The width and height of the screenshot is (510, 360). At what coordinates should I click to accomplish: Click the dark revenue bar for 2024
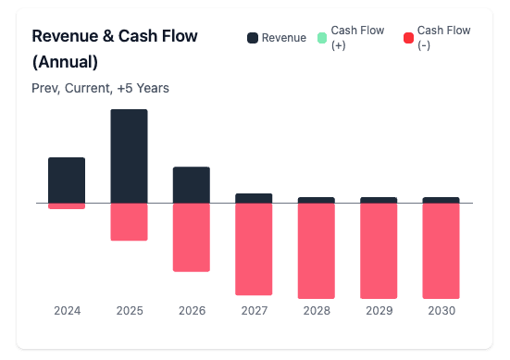click(x=67, y=180)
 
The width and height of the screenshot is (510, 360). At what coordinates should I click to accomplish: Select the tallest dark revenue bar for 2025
click(x=129, y=155)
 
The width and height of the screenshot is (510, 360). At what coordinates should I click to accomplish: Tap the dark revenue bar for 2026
click(x=192, y=184)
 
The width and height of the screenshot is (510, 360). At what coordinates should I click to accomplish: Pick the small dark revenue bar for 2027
click(x=254, y=198)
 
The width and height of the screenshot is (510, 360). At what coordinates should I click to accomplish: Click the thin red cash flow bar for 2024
click(x=67, y=205)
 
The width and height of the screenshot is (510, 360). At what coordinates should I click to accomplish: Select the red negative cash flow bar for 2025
click(x=129, y=222)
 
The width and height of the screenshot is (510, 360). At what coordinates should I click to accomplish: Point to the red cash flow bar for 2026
click(x=192, y=237)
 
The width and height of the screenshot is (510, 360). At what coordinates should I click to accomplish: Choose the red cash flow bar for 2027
click(x=254, y=249)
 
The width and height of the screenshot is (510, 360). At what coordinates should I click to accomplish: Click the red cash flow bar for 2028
click(x=316, y=250)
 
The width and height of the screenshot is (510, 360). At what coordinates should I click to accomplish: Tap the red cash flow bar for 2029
click(x=379, y=250)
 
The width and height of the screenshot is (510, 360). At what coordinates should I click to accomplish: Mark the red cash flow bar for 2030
click(x=441, y=250)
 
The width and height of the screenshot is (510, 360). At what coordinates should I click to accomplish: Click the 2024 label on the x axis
click(x=67, y=311)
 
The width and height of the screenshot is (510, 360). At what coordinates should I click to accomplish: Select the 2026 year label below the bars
click(x=192, y=311)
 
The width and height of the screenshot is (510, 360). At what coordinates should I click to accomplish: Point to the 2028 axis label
click(x=316, y=311)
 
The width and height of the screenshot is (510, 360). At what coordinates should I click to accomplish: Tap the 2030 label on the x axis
click(x=441, y=311)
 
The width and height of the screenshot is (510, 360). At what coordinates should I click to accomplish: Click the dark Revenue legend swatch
click(x=253, y=38)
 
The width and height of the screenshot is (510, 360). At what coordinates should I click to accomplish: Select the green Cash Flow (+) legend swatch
click(x=322, y=38)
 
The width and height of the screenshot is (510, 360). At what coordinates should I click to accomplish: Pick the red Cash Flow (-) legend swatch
click(x=408, y=38)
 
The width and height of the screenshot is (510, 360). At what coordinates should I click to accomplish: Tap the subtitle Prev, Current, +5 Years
click(x=100, y=88)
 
